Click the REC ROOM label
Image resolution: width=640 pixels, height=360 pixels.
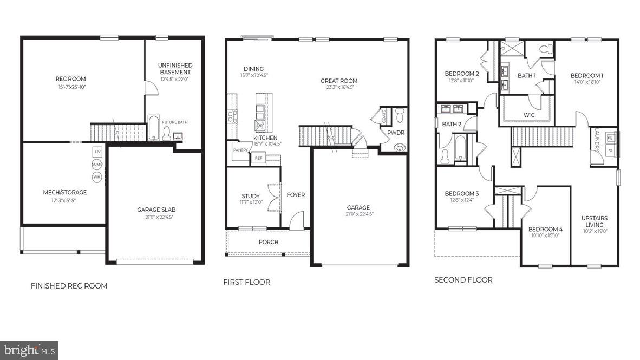(71, 79)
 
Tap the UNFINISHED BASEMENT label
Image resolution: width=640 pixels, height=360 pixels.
(175, 69)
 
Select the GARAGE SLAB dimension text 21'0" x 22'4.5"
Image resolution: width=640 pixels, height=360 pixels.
(156, 217)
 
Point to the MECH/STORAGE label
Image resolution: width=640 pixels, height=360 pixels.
(65, 192)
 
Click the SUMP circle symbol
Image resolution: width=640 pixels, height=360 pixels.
(97, 164)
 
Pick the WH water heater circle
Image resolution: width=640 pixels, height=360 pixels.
(97, 176)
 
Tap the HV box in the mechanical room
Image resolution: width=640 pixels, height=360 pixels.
(97, 152)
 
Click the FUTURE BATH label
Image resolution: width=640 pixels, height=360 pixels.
(175, 122)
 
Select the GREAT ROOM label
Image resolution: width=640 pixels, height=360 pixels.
(339, 81)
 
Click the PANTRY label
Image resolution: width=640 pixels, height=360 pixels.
(240, 150)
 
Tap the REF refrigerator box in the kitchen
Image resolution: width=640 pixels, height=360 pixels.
(258, 158)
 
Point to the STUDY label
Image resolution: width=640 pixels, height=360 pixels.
(251, 196)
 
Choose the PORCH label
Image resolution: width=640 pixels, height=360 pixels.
(268, 242)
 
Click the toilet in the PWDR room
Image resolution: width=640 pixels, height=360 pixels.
(400, 115)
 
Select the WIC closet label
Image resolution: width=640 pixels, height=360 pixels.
(529, 115)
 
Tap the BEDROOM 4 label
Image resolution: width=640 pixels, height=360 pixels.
(545, 229)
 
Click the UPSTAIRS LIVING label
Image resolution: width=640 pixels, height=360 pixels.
(595, 221)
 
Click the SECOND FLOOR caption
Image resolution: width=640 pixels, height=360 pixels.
(463, 280)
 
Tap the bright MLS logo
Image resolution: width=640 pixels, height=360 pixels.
(29, 351)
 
